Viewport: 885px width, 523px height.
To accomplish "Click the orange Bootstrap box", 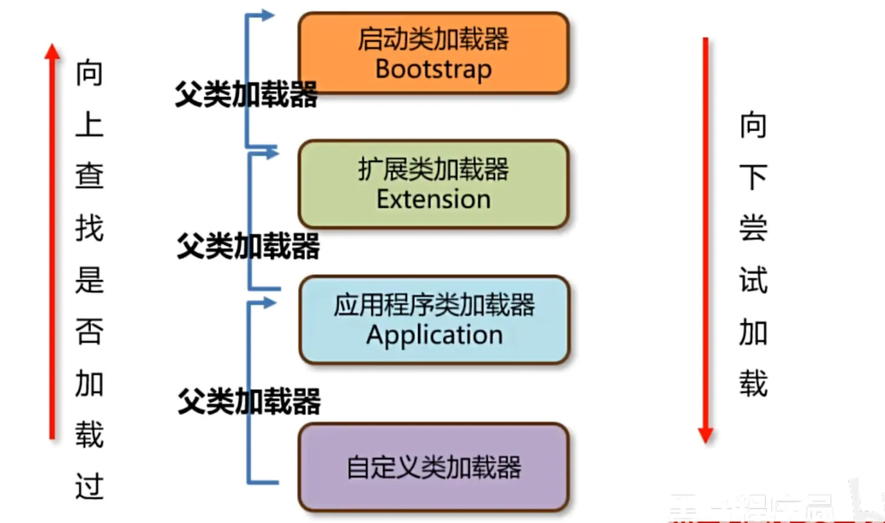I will point(433,53).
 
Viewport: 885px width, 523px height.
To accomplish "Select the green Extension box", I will point(433,184).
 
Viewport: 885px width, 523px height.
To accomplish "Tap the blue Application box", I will point(433,320).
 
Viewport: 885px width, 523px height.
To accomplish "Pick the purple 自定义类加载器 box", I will point(433,467).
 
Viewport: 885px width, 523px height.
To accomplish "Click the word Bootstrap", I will point(434,69).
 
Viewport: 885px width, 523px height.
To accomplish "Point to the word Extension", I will point(434,199).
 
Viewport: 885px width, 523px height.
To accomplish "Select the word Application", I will point(434,335).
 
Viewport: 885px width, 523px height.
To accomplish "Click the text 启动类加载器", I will point(434,39).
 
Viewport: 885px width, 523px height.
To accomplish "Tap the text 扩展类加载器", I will point(434,170).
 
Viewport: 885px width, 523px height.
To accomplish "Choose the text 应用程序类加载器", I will point(434,305).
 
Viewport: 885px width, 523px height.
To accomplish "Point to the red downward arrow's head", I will point(705,436).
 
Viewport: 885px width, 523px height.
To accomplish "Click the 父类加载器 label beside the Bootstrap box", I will point(246,96).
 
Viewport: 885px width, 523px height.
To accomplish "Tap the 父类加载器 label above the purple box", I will point(249,402).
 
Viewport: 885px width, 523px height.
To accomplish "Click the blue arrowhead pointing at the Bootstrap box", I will point(268,15).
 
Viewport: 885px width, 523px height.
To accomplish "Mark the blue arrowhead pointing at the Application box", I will point(270,303).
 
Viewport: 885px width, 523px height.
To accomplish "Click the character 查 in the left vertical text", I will point(89,177).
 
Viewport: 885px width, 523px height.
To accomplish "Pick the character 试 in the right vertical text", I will point(753,279).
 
